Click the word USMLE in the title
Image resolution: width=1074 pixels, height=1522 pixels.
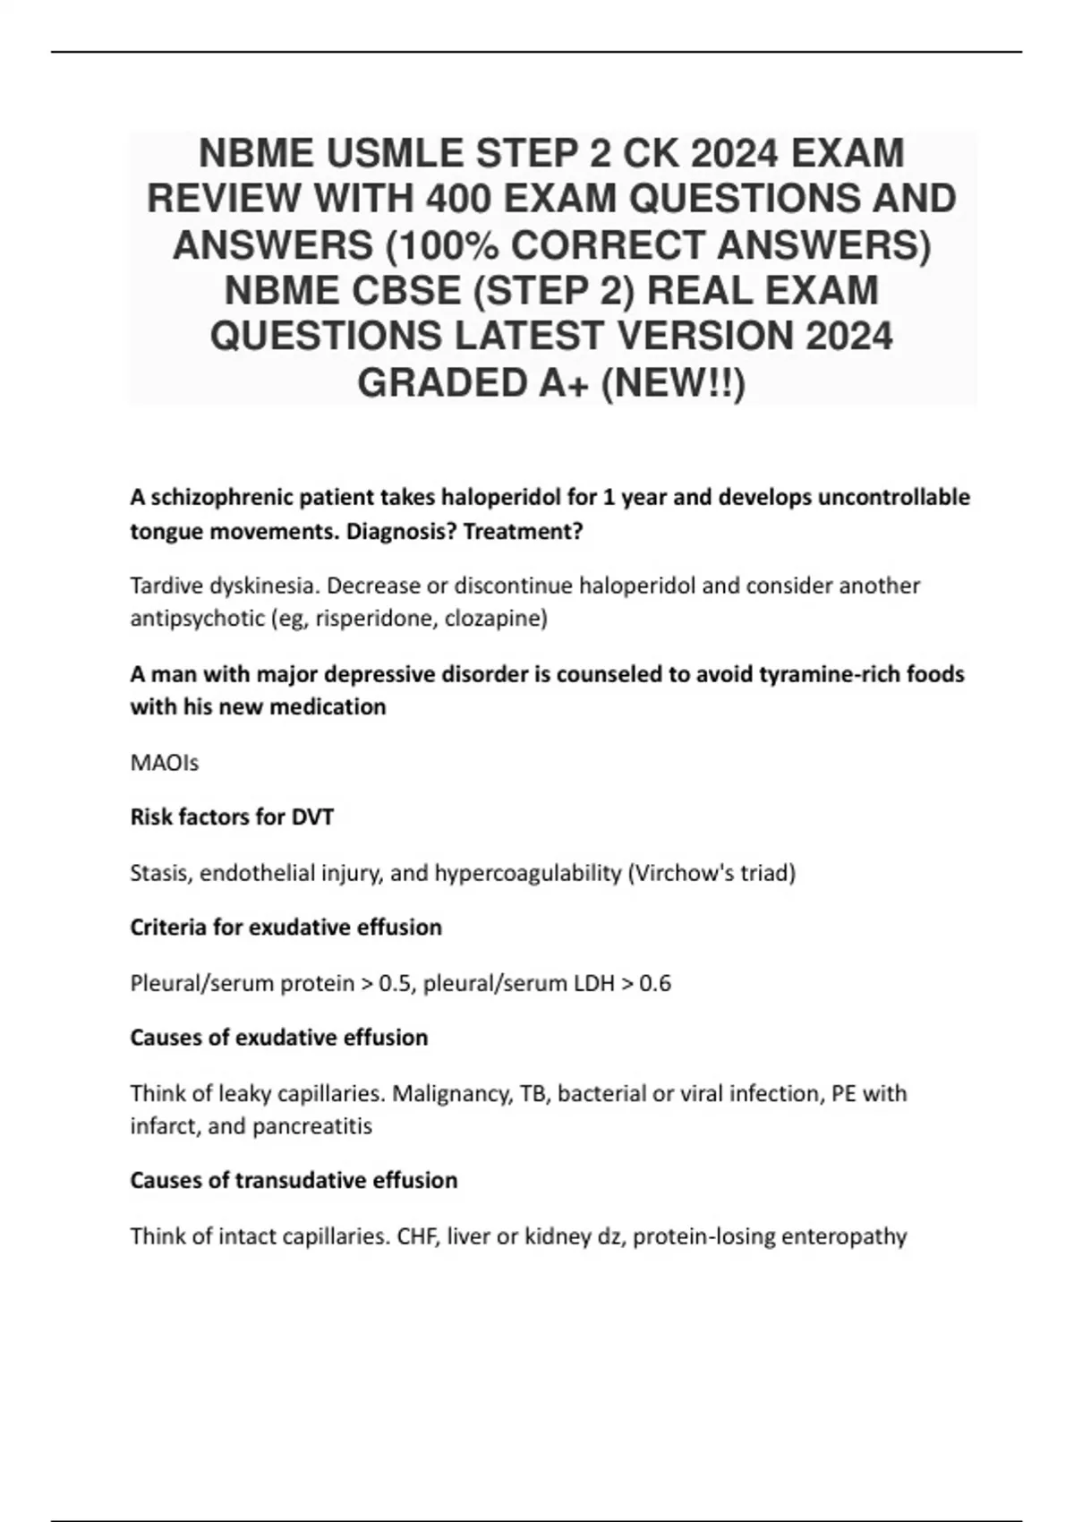coord(393,153)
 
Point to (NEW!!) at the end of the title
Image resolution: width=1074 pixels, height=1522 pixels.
coord(672,383)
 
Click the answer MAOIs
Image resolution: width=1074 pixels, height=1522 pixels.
coord(165,763)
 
